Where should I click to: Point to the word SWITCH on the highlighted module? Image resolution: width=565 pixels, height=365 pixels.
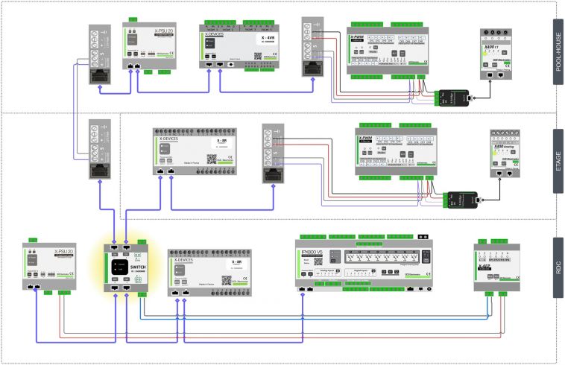coord(139,267)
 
